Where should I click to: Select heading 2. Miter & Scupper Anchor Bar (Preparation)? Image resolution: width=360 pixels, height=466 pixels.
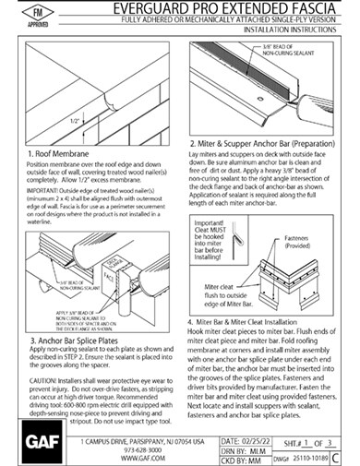tap(268, 144)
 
